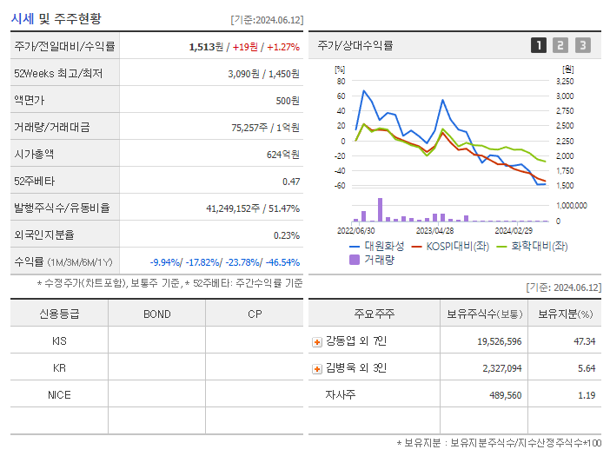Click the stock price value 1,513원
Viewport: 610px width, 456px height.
tap(206, 47)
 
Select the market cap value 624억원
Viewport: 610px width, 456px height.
tap(283, 155)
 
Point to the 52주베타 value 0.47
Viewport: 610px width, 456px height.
tap(291, 182)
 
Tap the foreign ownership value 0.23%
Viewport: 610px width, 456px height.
tap(287, 235)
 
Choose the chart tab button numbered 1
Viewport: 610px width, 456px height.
tap(539, 45)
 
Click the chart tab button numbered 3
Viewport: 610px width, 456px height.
tap(582, 45)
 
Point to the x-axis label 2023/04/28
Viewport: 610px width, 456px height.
tap(435, 231)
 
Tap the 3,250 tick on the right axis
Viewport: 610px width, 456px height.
tap(564, 81)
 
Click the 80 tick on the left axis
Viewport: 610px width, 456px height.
tap(341, 81)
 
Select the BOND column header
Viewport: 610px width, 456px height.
tap(156, 314)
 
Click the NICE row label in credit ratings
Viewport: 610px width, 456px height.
tap(59, 395)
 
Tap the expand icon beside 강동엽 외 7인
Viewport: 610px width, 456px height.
tap(317, 341)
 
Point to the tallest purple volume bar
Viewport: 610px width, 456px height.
tap(380, 209)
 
